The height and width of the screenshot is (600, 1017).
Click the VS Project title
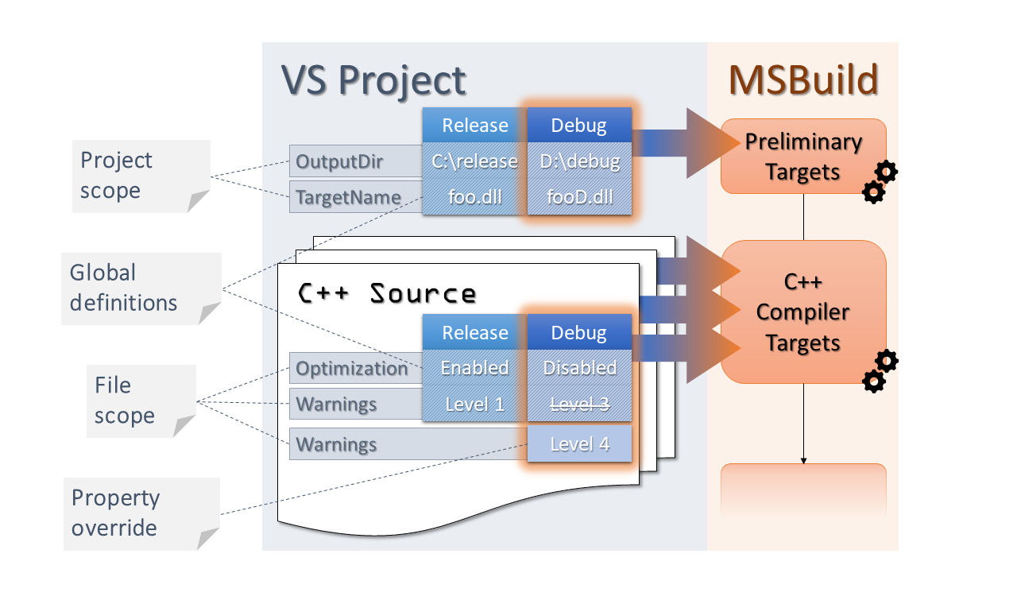[373, 81]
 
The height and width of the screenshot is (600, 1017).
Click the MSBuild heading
[803, 80]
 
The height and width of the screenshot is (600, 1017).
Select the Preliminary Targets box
[803, 157]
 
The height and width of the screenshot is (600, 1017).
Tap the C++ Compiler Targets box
[803, 312]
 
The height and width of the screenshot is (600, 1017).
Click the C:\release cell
[474, 161]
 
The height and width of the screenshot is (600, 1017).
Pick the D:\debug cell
[579, 161]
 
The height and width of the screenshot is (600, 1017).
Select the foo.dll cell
[474, 196]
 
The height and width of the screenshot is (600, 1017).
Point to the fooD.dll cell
[579, 196]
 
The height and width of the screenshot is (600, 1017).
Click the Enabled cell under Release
[474, 367]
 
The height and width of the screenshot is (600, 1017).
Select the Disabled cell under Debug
[579, 367]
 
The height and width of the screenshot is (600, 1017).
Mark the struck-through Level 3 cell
[579, 404]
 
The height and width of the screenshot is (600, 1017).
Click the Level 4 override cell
[579, 443]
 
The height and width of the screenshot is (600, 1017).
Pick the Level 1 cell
[474, 404]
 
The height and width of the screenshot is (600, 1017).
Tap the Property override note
[141, 513]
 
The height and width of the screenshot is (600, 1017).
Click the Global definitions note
[141, 288]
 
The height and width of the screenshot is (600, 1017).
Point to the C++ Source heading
[387, 293]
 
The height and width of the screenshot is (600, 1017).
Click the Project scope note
[141, 176]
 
